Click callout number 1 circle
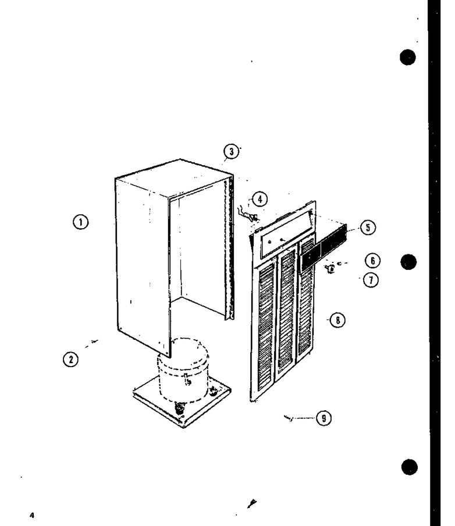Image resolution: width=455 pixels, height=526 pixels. [x=80, y=222]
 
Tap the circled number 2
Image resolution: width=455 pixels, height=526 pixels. [x=70, y=360]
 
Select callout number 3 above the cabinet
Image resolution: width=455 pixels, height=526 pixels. [x=231, y=152]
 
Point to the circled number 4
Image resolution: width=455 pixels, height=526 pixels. [x=260, y=199]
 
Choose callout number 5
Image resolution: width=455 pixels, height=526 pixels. [x=368, y=228]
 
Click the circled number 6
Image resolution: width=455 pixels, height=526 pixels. [x=372, y=261]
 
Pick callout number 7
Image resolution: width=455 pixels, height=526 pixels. [x=371, y=280]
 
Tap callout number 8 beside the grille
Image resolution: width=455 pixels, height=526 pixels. [x=337, y=320]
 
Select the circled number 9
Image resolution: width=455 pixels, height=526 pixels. [x=324, y=418]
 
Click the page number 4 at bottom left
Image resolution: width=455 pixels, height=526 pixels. [x=32, y=515]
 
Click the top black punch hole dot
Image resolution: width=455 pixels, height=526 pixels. [x=408, y=57]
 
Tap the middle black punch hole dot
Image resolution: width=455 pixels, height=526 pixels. [x=408, y=262]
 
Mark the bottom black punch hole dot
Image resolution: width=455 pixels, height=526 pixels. [x=410, y=467]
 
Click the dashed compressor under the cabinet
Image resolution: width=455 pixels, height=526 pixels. [x=183, y=369]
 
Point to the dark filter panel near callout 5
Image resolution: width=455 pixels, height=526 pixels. [x=324, y=248]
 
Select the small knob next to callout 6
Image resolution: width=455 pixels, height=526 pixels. [x=330, y=268]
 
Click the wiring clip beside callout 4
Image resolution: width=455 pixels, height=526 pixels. [x=248, y=215]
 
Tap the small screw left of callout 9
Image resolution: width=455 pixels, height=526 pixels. [x=289, y=418]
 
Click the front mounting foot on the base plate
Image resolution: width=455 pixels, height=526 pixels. [x=180, y=408]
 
